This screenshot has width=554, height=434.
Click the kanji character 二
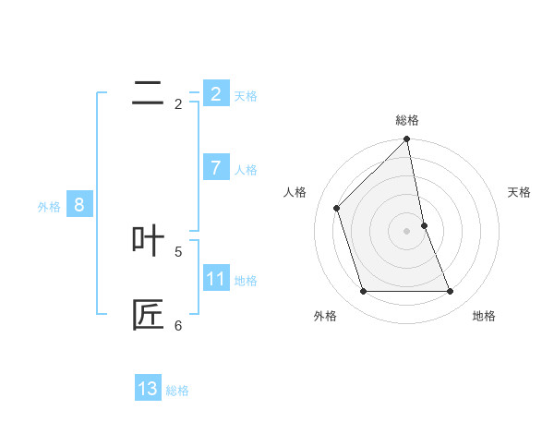pyautogui.click(x=148, y=93)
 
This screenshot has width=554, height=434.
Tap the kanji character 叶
pyautogui.click(x=148, y=241)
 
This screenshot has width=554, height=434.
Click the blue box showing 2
pyautogui.click(x=216, y=93)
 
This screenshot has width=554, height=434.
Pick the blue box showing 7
pyautogui.click(x=216, y=167)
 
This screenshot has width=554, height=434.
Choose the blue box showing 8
pyautogui.click(x=79, y=205)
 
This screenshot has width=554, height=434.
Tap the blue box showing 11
pyautogui.click(x=216, y=278)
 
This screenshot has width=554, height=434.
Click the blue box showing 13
pyautogui.click(x=148, y=389)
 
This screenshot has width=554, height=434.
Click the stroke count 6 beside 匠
pyautogui.click(x=178, y=325)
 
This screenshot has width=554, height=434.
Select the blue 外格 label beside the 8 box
pyautogui.click(x=49, y=207)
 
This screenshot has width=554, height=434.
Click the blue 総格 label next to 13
pyautogui.click(x=177, y=391)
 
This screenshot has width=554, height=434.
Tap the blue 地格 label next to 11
pyautogui.click(x=246, y=281)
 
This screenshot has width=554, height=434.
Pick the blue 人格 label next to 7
pyautogui.click(x=246, y=170)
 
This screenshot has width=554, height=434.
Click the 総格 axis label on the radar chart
pyautogui.click(x=407, y=120)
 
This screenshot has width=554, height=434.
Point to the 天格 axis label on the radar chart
pyautogui.click(x=520, y=192)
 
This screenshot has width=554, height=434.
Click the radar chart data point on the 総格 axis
pyautogui.click(x=407, y=139)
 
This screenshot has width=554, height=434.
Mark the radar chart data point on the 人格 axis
pyautogui.click(x=337, y=208)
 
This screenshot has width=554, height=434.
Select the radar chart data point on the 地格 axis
pyautogui.click(x=451, y=291)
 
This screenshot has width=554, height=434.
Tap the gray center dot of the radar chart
pyautogui.click(x=407, y=231)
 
